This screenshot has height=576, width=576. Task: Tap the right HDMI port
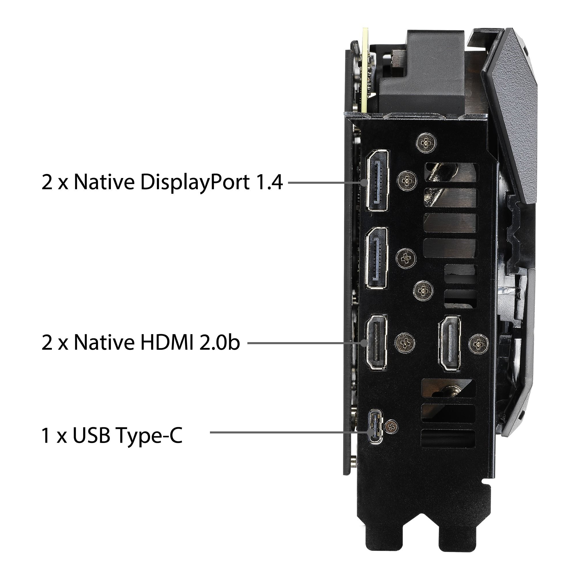coord(450,343)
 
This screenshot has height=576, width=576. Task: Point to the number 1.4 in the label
coord(269,182)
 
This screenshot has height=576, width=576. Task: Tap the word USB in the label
coord(91,435)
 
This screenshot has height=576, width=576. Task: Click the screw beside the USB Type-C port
coord(391,427)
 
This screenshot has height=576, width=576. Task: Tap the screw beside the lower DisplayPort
coord(406,257)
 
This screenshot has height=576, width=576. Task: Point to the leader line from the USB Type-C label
coord(289,432)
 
